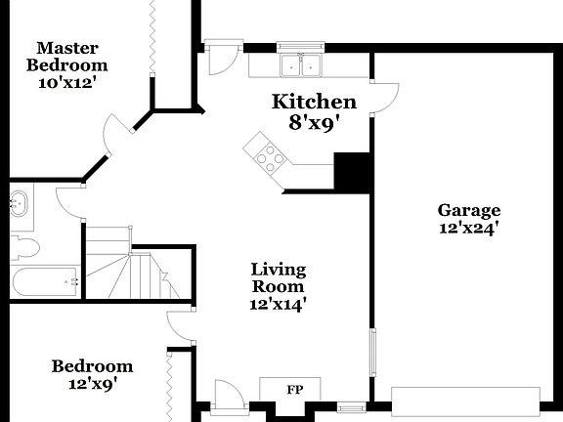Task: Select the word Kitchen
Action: (314, 102)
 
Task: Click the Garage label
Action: (468, 210)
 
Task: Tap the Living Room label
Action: (279, 277)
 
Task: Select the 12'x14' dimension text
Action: (279, 304)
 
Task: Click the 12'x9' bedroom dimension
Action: (92, 384)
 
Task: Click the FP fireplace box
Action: (293, 390)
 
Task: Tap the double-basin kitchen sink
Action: (301, 65)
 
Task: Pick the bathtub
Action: (44, 282)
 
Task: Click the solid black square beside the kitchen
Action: (352, 172)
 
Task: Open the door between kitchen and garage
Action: (385, 96)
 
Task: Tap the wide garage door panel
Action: (465, 400)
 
